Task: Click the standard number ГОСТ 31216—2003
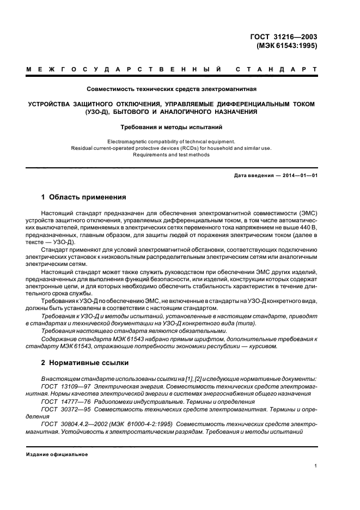point(283,37)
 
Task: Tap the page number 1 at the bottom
point(315,466)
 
